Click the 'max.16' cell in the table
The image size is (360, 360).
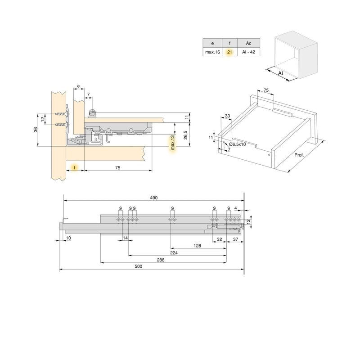point(213,52)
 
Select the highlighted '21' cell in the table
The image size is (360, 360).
point(229,52)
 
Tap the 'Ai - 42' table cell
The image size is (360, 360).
point(248,52)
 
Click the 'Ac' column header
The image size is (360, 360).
point(248,43)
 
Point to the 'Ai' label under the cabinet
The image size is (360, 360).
point(280,72)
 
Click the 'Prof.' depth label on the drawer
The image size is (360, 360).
point(300,155)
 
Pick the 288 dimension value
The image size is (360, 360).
point(161,259)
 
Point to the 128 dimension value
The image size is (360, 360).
point(197,246)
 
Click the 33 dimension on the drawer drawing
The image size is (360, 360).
point(227,116)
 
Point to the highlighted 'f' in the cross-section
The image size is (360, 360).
point(75,167)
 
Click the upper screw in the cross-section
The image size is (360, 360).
point(60,114)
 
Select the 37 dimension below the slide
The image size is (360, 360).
point(235,239)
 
